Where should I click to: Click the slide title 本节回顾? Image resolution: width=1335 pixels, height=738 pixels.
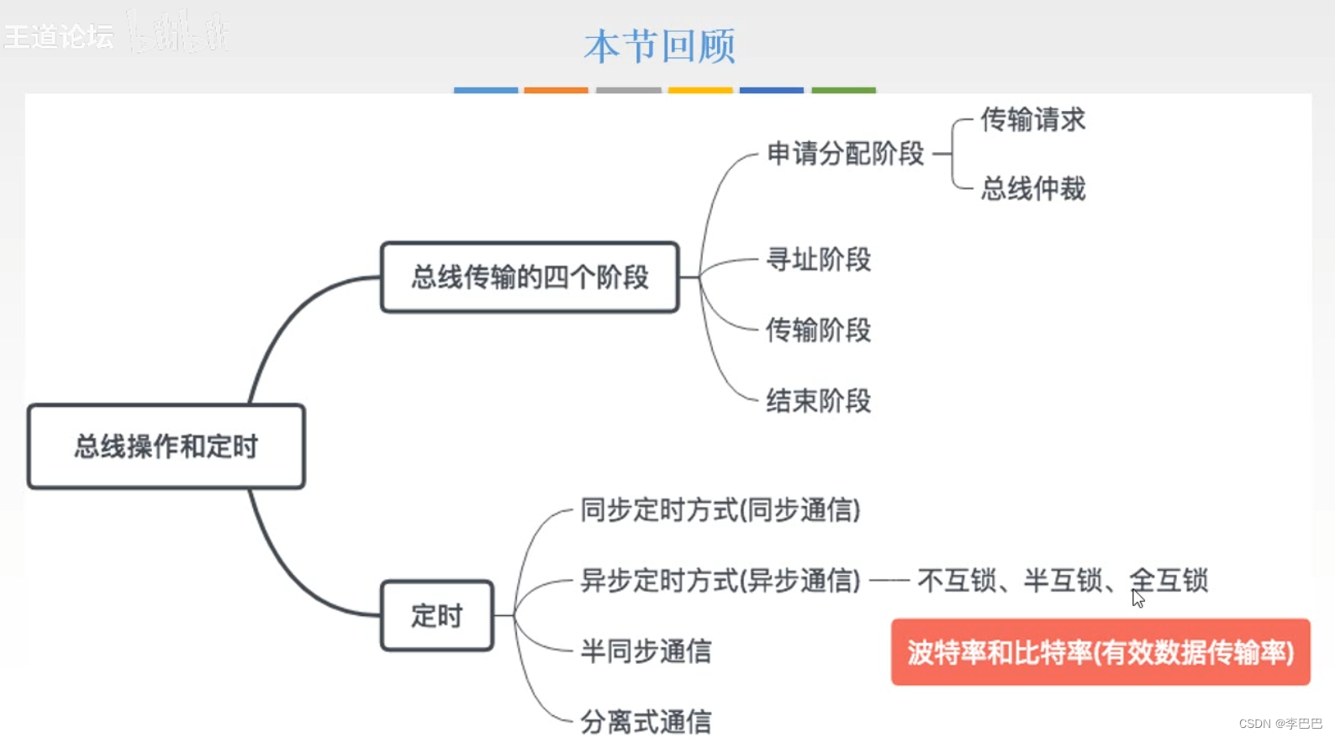pyautogui.click(x=660, y=45)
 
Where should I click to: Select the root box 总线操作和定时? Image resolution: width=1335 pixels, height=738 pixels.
pyautogui.click(x=166, y=446)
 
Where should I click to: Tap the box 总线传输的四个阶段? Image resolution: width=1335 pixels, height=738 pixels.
pyautogui.click(x=530, y=277)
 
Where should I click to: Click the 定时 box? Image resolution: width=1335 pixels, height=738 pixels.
pyautogui.click(x=437, y=615)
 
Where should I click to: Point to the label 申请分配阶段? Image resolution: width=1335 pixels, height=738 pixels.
pyautogui.click(x=845, y=154)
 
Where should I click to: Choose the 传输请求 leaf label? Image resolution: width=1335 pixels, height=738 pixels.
pyautogui.click(x=1032, y=119)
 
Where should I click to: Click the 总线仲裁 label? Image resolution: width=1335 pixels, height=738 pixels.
pyautogui.click(x=1032, y=188)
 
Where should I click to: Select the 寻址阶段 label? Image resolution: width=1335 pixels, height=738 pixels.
pyautogui.click(x=818, y=260)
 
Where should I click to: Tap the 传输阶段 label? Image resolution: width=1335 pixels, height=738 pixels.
pyautogui.click(x=818, y=330)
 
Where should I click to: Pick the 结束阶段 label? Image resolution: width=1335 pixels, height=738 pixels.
pyautogui.click(x=818, y=401)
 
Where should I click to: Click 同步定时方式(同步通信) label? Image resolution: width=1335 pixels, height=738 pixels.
pyautogui.click(x=720, y=510)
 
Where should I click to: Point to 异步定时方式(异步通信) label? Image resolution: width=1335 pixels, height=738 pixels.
pyautogui.click(x=720, y=580)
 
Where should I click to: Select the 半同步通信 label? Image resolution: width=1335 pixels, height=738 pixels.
pyautogui.click(x=646, y=651)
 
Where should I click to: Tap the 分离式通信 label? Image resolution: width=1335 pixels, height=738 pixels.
pyautogui.click(x=646, y=721)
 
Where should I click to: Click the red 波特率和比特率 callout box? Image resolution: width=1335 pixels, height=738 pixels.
pyautogui.click(x=1100, y=652)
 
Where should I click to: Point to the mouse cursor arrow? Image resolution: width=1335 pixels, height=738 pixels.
pyautogui.click(x=1137, y=598)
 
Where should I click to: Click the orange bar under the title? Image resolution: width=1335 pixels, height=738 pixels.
pyautogui.click(x=556, y=90)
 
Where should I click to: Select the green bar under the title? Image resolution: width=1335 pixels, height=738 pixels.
pyautogui.click(x=843, y=90)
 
